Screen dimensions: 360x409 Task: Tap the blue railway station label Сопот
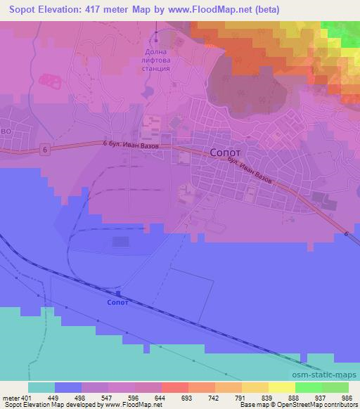click(117, 303)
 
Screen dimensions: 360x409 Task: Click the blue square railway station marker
click(118, 294)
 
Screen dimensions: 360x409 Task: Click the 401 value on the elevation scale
click(26, 397)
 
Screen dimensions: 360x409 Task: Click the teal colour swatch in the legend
click(41, 387)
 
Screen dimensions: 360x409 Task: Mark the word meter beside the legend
click(9, 397)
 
